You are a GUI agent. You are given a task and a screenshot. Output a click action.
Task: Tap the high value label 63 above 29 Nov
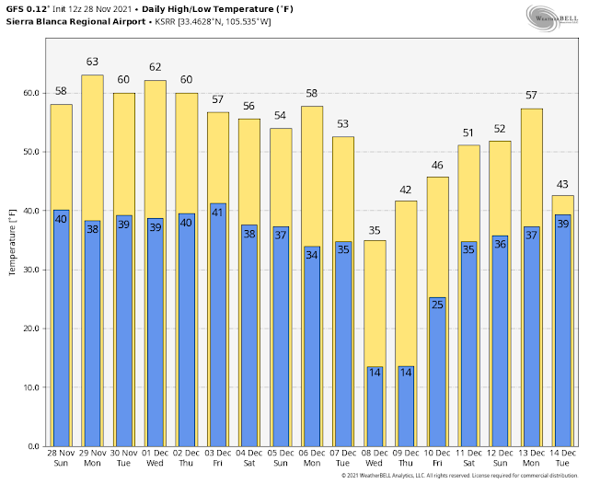92,63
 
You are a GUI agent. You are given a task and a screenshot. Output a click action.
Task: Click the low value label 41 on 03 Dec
217,212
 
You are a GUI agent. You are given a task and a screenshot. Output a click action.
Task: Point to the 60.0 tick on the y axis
29,93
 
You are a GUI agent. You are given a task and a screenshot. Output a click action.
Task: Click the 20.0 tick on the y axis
29,328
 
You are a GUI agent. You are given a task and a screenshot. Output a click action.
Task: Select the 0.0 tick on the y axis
32,446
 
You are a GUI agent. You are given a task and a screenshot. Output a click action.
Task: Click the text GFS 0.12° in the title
28,8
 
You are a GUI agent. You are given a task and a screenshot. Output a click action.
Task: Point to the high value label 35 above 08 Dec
374,231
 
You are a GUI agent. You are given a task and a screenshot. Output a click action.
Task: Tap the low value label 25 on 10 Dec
436,305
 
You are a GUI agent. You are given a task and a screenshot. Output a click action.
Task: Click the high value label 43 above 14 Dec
561,184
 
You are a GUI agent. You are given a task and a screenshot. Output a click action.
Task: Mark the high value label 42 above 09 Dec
405,190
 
